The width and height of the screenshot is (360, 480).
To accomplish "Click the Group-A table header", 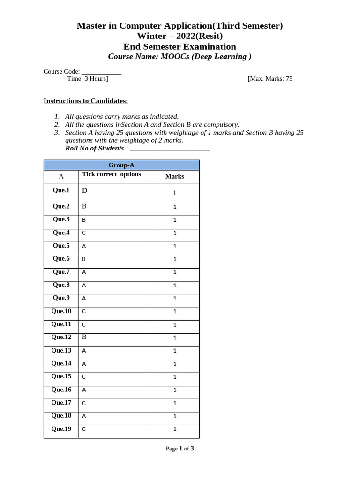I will coord(121,165).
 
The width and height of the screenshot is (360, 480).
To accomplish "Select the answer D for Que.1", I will coord(85,190).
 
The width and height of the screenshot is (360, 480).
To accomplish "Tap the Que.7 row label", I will coord(61,272).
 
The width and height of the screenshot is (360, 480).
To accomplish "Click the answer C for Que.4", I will coord(84,232).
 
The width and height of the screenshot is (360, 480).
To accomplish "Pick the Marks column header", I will coord(174,176).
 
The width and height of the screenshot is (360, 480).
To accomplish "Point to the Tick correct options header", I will coord(112,174).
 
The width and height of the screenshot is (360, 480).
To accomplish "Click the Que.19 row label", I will coord(61,428).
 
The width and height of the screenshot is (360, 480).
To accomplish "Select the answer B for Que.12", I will coord(84,337).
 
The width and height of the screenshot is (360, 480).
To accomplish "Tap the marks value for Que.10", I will coord(175,311).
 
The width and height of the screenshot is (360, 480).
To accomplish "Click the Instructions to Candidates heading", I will coord(86,101).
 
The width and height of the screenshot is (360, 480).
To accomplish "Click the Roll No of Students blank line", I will coord(170,149).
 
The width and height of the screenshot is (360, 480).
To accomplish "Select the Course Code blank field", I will coord(101,72).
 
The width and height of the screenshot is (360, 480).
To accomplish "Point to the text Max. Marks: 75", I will coord(270,79).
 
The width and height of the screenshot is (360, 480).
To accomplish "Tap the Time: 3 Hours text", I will coord(88,79).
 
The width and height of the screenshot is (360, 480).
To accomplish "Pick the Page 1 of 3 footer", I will coord(180,449).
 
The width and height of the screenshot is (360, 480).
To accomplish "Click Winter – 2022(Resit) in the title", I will coord(180,36).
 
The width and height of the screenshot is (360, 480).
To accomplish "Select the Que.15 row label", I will coord(61,376).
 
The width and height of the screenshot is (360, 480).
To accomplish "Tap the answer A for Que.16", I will coord(84,390).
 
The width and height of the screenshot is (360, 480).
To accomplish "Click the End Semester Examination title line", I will coord(180,46).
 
